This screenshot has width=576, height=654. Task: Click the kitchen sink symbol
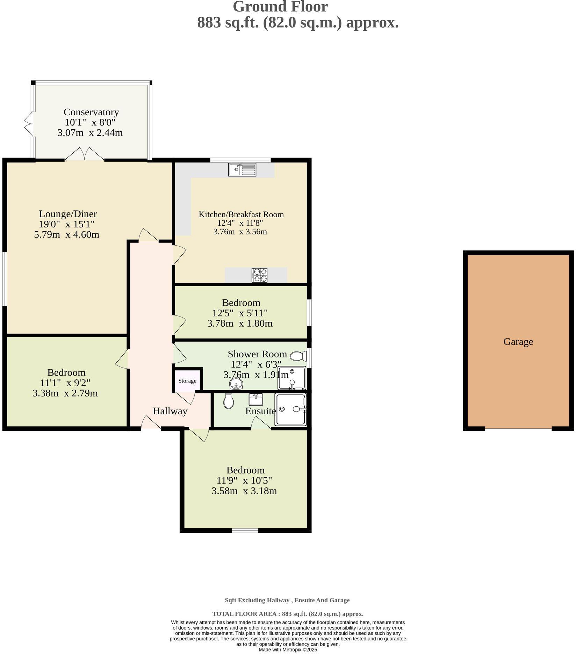coord(242,170)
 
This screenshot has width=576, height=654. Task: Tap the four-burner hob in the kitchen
coord(259,275)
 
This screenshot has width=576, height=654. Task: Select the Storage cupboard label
coord(187,381)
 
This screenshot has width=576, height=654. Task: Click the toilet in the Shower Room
coord(298,356)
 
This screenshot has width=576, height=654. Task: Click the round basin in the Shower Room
coord(236,385)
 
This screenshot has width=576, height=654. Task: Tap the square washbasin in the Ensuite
coord(256,399)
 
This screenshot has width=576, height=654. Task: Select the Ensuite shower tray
coord(290,409)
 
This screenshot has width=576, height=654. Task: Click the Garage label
coord(518,342)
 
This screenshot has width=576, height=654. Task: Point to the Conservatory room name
coord(91,112)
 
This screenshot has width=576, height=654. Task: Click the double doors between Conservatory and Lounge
coord(85,154)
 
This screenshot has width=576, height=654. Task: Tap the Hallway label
coord(170,411)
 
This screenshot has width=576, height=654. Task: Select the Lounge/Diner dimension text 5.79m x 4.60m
coord(66,234)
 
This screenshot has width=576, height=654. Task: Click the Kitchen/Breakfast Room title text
coord(241,215)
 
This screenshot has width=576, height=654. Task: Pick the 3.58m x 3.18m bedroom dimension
coord(244,491)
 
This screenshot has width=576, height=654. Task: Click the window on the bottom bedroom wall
coord(245,530)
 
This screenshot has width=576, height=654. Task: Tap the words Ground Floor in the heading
coord(280,7)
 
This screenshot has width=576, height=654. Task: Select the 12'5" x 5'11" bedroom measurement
coord(240,313)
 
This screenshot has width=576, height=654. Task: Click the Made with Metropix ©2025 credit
coord(288,649)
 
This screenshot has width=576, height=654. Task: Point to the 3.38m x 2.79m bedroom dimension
coord(65,393)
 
